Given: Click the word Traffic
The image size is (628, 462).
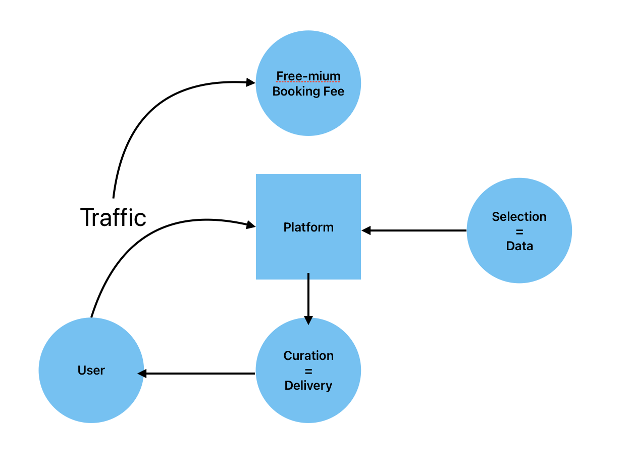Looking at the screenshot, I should click(x=113, y=217).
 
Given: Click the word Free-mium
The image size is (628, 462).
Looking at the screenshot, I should click(x=308, y=76).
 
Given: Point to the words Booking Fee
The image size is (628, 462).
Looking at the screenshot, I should click(x=308, y=91).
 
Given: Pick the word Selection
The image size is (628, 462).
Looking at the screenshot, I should click(x=519, y=217).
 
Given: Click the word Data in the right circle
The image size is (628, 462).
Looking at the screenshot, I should click(x=519, y=246).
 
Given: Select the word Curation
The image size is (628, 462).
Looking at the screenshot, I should click(x=308, y=355).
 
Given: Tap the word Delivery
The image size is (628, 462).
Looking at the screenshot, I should click(x=308, y=386).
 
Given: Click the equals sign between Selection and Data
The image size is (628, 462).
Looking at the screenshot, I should click(x=519, y=232).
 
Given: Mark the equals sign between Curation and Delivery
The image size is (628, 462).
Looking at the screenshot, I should click(x=308, y=371).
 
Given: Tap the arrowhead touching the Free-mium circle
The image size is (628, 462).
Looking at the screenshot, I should click(x=250, y=82).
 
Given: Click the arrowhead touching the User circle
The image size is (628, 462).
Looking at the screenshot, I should click(x=142, y=374).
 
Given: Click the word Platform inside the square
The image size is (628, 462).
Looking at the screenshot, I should click(x=308, y=227).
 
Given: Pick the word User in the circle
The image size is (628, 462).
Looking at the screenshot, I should click(x=91, y=371).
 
